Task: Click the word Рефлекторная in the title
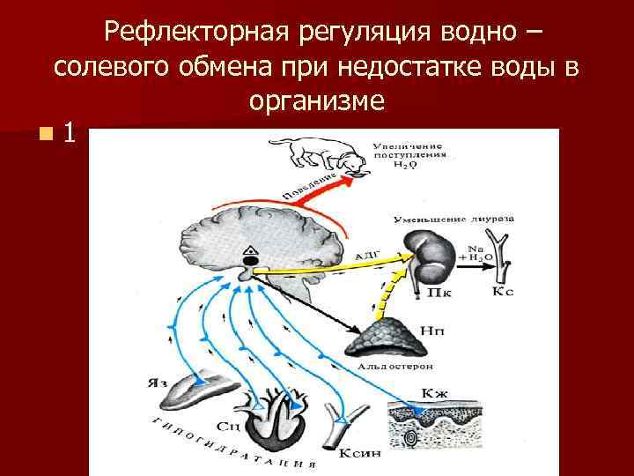(x=195, y=33)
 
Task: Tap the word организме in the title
(x=316, y=100)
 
